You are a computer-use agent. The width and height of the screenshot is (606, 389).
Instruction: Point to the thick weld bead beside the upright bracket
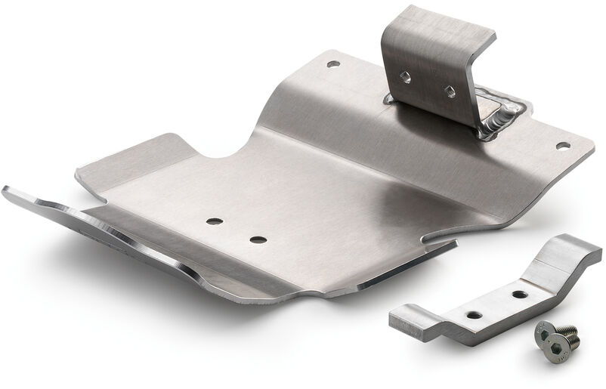499,121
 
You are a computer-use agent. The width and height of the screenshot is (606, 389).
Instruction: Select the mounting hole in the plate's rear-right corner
561,144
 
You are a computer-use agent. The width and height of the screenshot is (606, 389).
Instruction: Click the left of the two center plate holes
215,221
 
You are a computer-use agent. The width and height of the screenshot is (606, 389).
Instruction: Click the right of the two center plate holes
258,239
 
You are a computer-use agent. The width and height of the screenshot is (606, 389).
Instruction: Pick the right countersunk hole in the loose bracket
519,292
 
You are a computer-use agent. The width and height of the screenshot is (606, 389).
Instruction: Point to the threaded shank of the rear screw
569,330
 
